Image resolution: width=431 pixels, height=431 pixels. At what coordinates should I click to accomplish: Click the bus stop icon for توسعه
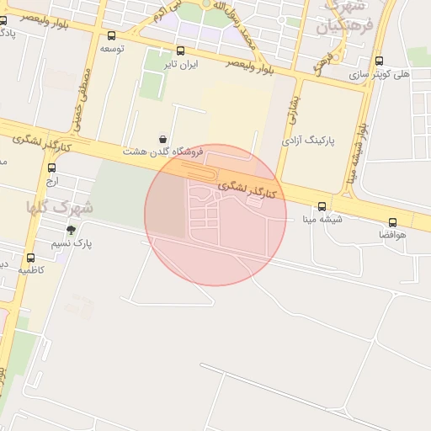tap(112, 35)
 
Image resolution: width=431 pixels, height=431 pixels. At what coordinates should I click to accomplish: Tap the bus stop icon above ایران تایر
tap(181, 51)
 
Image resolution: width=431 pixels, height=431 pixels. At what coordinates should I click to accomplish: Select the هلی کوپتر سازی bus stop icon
tap(379, 61)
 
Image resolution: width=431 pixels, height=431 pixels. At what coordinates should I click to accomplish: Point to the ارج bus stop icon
tap(52, 168)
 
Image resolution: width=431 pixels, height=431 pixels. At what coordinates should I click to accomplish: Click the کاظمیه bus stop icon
tap(31, 258)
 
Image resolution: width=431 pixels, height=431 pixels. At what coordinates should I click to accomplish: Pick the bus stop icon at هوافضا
tap(393, 222)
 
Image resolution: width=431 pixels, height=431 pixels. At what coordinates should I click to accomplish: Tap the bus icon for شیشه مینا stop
tap(322, 206)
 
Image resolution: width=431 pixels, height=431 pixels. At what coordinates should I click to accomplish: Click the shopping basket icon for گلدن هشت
tap(162, 139)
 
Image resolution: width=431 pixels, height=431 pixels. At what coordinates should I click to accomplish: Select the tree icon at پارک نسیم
tap(71, 230)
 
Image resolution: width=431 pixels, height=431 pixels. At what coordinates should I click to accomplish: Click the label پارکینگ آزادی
tap(308, 138)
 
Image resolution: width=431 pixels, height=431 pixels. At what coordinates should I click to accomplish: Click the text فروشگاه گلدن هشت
tap(164, 152)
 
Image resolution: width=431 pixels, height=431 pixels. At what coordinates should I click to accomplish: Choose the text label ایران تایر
tap(181, 65)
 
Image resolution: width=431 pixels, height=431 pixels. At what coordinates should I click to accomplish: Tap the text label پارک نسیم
tap(72, 243)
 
